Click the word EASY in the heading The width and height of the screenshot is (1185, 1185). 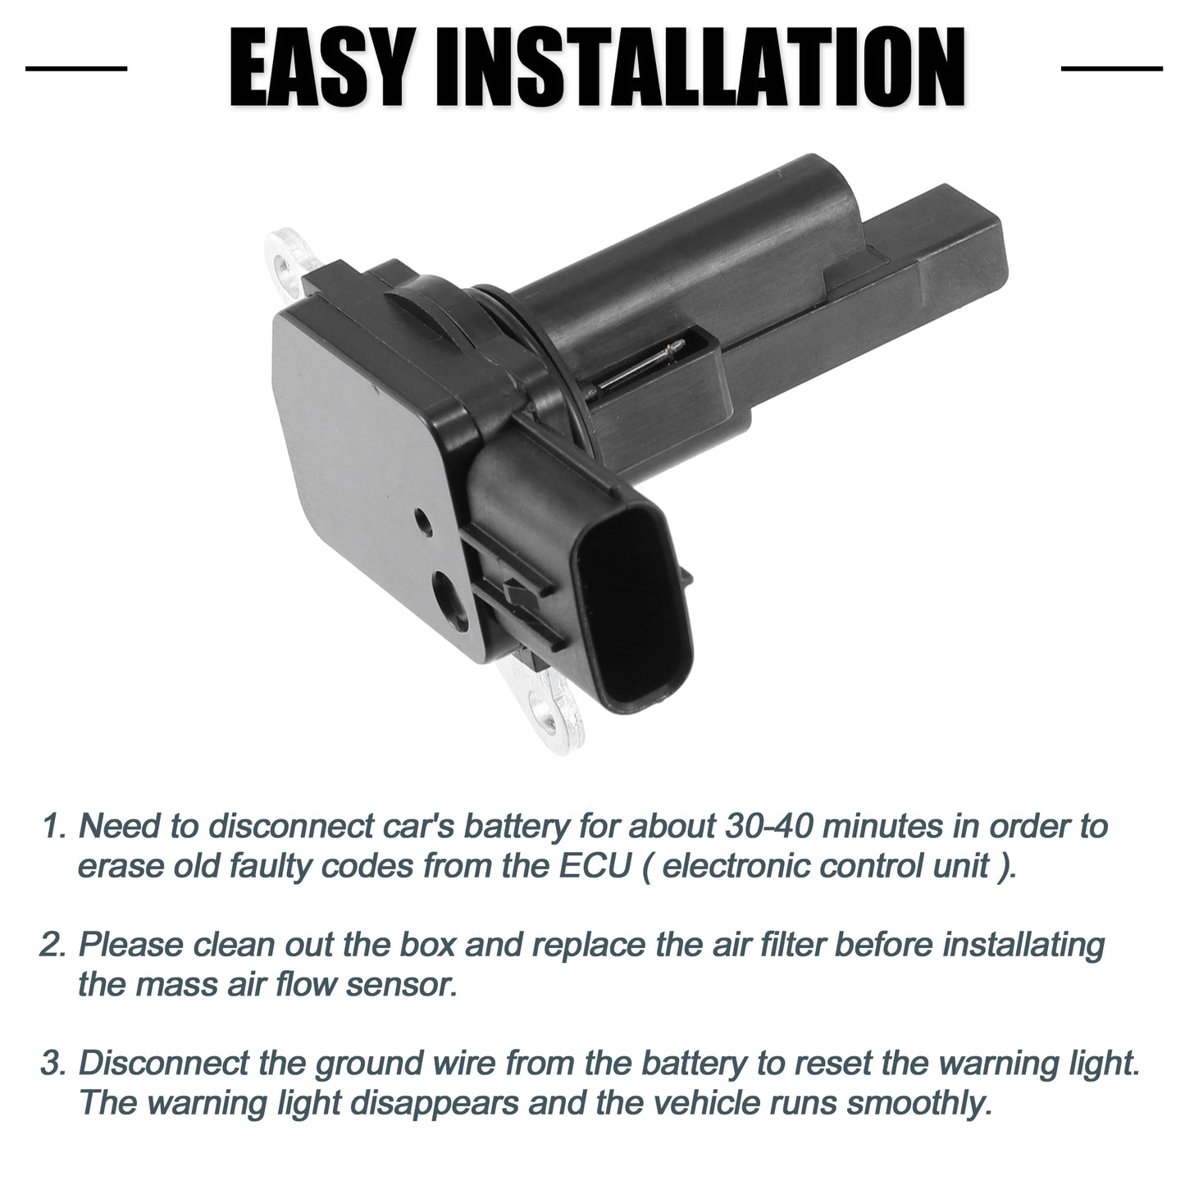pos(320,68)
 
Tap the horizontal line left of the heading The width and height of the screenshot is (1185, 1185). pos(76,68)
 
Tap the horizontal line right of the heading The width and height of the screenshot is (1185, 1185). pos(1112,68)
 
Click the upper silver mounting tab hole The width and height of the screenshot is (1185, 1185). pos(284,265)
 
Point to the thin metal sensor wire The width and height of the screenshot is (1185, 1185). pos(636,367)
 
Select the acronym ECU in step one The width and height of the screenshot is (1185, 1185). pos(595,866)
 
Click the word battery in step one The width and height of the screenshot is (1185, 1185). pos(516,827)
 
